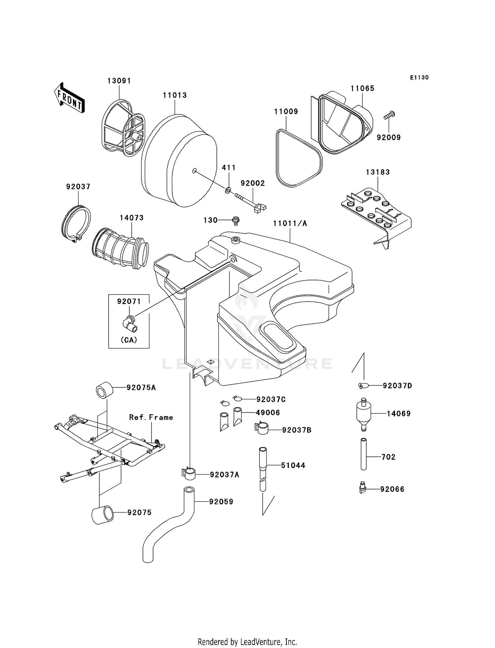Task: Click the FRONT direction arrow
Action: click(69, 98)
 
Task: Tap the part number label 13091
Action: click(119, 81)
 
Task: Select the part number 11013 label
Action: click(175, 95)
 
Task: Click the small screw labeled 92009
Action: click(389, 116)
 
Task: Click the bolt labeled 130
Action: click(236, 220)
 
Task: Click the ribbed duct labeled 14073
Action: click(120, 251)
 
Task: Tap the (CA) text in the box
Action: click(129, 340)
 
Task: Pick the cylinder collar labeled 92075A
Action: click(104, 390)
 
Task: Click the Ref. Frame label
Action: click(151, 417)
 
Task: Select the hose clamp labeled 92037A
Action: click(188, 473)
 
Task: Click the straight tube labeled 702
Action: click(363, 454)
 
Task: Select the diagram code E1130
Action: click(419, 78)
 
